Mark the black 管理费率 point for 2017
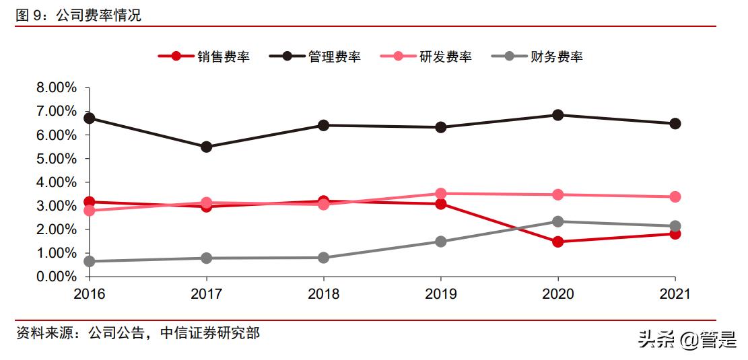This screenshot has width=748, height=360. click(206, 147)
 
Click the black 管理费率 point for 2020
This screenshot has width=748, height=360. click(557, 115)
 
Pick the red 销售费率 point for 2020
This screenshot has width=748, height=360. click(557, 242)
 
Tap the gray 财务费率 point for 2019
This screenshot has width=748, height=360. click(440, 242)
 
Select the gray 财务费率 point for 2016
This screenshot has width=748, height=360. click(89, 261)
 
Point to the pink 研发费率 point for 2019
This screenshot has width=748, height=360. click(440, 194)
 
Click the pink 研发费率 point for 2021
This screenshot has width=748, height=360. click(675, 197)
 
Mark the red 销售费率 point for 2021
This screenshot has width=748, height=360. click(675, 233)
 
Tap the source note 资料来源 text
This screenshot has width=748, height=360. click(137, 333)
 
